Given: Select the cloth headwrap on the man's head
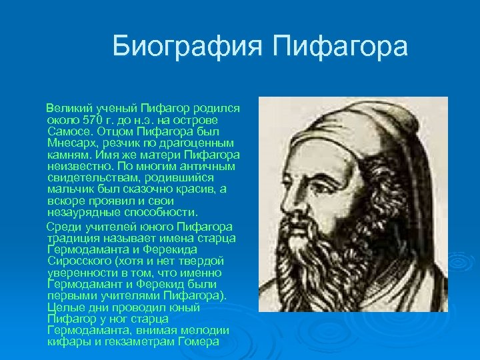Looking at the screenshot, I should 353,127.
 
